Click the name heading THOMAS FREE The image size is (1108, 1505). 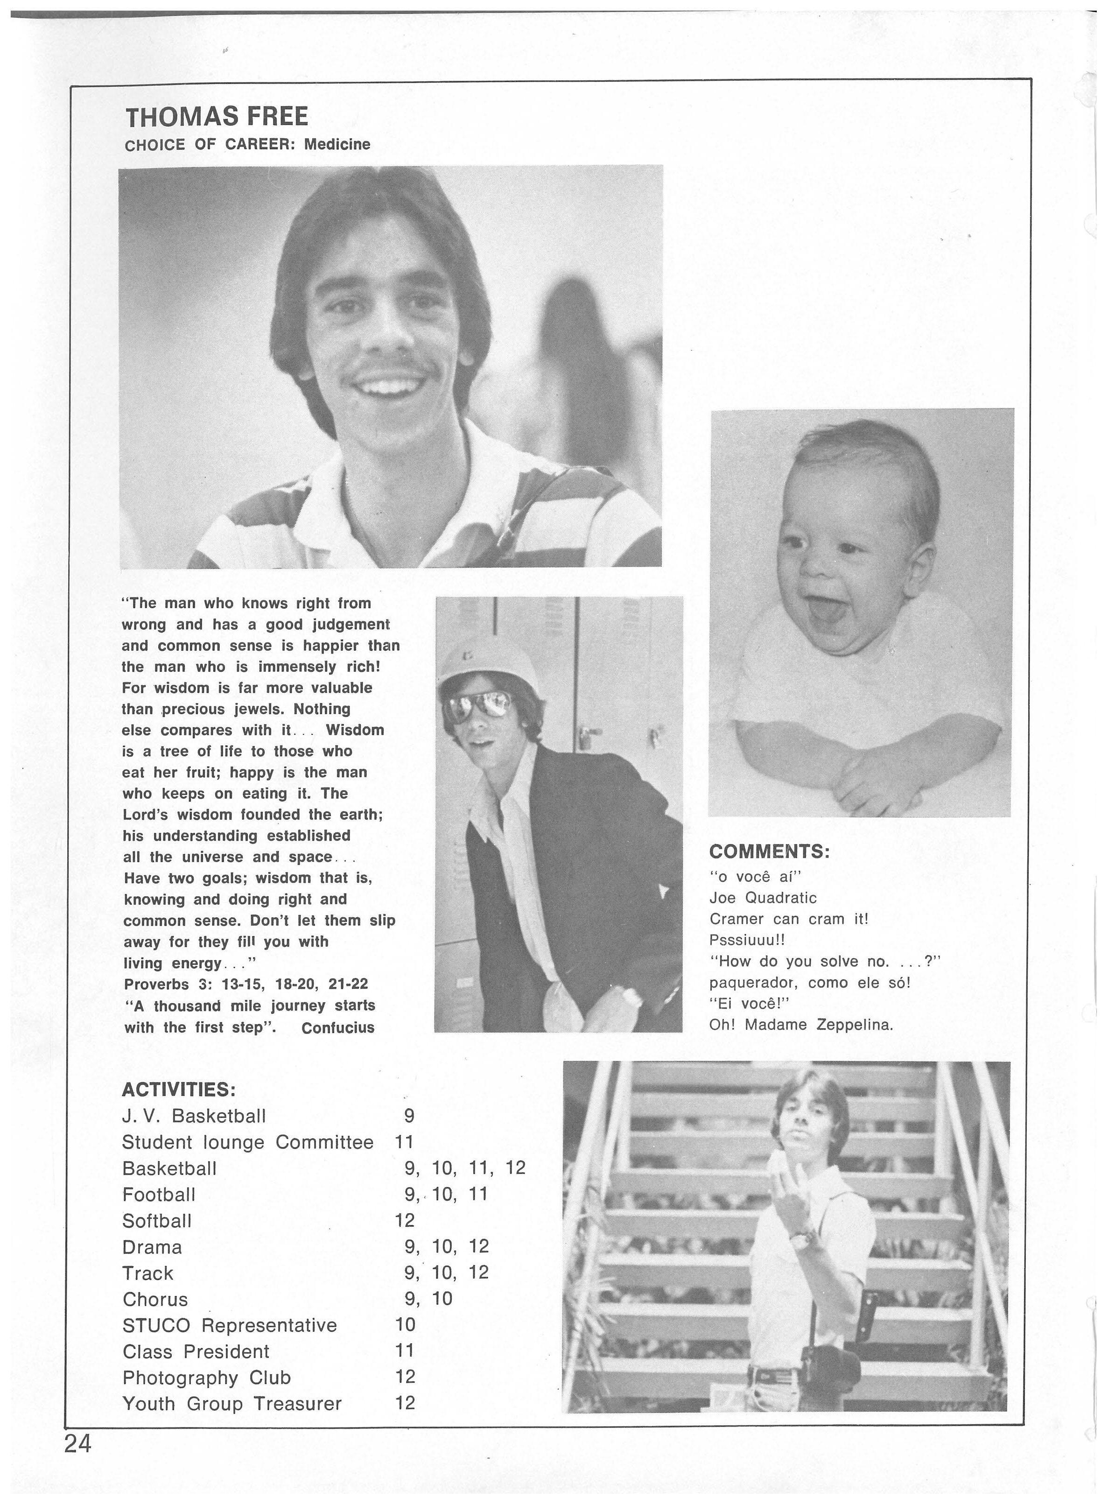217,117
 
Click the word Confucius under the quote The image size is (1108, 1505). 337,1027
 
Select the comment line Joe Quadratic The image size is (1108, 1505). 763,897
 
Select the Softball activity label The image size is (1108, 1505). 157,1220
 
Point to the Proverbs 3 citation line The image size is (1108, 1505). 246,984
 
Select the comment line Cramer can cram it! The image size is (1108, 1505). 789,919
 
